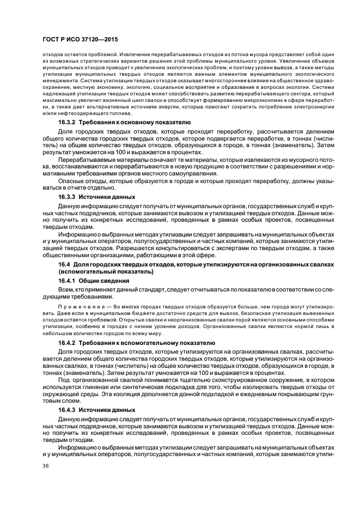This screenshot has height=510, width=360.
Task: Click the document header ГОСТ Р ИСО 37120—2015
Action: coord(81,40)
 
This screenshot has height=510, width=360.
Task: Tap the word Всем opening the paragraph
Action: coord(65,289)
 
